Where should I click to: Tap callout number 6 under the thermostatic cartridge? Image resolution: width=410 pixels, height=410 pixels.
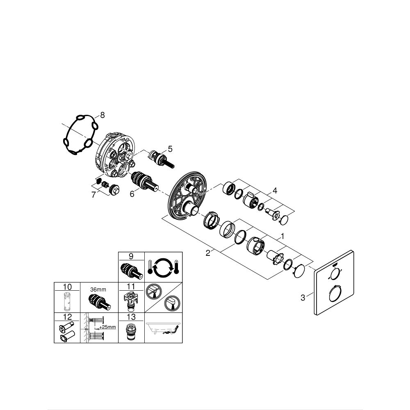132,194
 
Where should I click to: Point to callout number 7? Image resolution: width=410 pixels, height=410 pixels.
93,195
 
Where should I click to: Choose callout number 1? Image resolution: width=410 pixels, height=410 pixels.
282,237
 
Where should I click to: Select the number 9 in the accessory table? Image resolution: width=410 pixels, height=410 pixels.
131,256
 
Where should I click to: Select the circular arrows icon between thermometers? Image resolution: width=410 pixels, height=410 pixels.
164,266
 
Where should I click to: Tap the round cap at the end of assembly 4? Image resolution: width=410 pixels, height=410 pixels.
284,221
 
